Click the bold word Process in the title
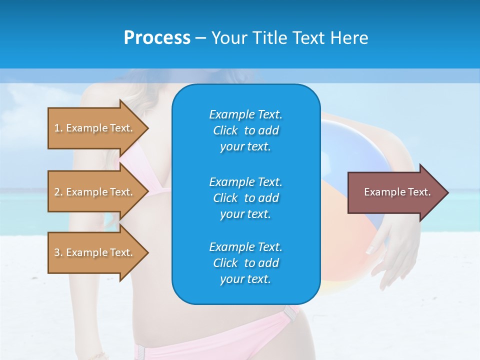157,38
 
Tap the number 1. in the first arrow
58,128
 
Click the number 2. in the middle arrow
58,192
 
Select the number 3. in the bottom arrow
58,252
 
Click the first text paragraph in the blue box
245,130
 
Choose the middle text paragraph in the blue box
245,197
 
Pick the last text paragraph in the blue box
245,263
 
